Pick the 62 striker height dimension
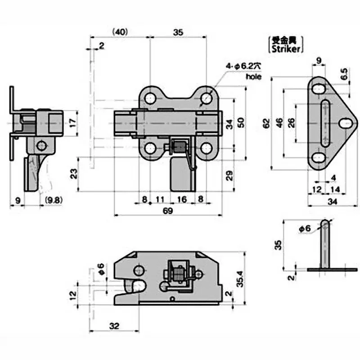point(266,122)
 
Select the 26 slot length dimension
point(292,122)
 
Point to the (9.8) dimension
point(52,198)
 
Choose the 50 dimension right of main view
point(241,122)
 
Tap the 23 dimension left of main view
point(73,172)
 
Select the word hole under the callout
point(253,76)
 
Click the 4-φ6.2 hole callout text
point(243,66)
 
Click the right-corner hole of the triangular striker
point(345,122)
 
